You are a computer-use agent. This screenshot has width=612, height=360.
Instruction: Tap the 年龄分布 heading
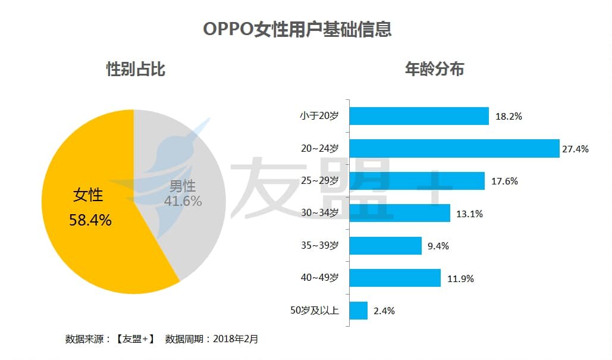pos(434,70)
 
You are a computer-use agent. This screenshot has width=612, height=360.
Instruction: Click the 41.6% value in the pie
pos(183,201)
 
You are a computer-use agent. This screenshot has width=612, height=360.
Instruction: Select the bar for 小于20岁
pos(419,116)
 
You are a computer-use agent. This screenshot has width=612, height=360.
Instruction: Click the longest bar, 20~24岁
pos(454,148)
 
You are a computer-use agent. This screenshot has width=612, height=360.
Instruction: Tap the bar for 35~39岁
pos(385,245)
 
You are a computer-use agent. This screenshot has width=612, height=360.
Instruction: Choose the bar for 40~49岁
pos(395,278)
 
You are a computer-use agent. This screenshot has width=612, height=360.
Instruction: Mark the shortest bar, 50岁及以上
pos(358,310)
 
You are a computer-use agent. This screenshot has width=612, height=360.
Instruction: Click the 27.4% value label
pos(575,149)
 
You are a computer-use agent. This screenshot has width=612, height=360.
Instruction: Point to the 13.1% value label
pos(470,214)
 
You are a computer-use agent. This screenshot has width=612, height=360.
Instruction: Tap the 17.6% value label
pos(504,181)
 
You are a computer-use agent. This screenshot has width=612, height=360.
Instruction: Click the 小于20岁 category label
pos(319,116)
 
